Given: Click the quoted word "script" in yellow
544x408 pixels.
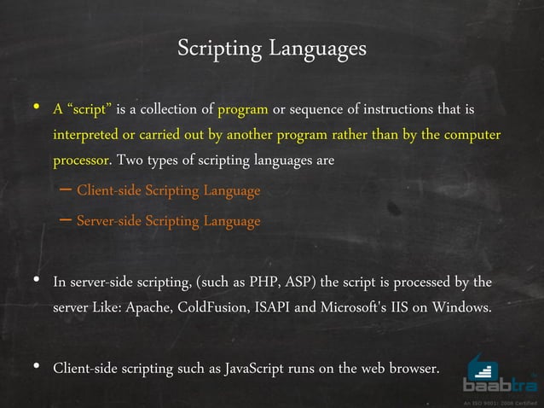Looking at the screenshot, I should point(88,110).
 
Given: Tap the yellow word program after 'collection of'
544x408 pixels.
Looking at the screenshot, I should point(244,110).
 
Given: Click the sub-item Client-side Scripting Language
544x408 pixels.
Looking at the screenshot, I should point(168,191).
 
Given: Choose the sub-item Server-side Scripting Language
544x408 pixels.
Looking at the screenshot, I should point(168,222).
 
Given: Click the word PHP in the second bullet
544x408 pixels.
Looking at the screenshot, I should point(260,282).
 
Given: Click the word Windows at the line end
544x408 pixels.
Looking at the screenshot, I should point(461,307).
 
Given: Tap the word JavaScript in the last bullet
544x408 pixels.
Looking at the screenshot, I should point(255,369).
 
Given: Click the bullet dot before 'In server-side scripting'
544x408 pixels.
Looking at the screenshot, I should point(37,280).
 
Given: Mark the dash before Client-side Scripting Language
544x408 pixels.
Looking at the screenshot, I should point(65,190).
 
